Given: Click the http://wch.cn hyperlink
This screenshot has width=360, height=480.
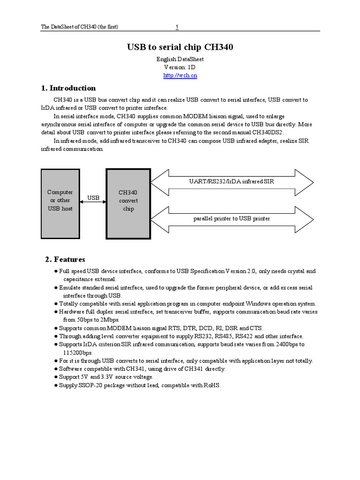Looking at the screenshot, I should point(180,76).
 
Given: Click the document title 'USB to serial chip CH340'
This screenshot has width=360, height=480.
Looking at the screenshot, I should point(180,47).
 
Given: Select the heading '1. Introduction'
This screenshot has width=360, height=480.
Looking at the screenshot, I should point(68,88).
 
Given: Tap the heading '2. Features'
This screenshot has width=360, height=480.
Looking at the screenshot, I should point(65,259).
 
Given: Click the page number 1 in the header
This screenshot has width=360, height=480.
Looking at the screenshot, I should point(177,27).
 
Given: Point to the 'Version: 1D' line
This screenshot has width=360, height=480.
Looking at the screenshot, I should point(180,67).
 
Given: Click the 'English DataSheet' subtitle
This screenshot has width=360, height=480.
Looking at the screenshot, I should point(180,60).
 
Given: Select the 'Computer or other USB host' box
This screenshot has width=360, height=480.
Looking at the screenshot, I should point(60,200).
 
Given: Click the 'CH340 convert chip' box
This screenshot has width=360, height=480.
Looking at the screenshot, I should point(128,200).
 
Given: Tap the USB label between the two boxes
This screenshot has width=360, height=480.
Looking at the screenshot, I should point(94,198).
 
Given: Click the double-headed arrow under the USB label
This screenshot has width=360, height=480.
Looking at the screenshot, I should point(94,205).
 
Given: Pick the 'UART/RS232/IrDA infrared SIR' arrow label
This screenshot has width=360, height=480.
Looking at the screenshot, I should point(232,181).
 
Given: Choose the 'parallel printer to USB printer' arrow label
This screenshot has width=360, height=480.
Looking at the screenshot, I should point(232,218).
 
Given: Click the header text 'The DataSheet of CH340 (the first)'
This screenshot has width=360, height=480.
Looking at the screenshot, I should point(80,27).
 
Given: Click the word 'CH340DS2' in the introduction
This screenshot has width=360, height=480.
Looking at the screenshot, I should point(267,133).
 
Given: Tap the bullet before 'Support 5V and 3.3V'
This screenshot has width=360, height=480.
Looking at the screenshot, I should point(56,377).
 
